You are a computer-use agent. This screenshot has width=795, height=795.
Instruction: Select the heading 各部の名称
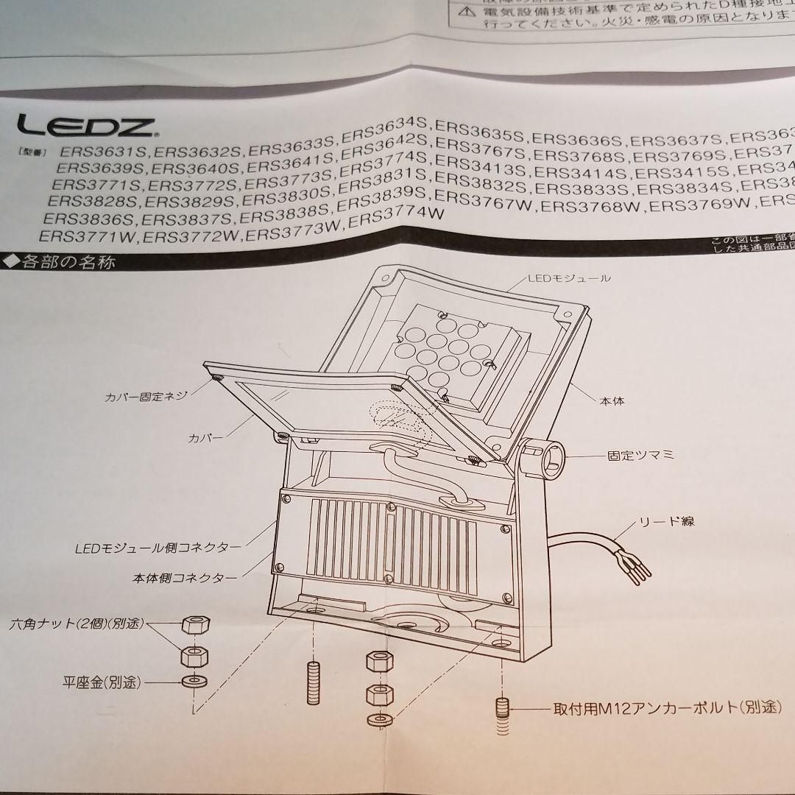point(63,261)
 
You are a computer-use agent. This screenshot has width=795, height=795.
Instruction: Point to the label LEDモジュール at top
point(568,279)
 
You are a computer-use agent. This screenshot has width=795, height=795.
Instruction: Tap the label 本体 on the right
point(612,402)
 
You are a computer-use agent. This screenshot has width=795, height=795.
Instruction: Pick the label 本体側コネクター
point(185,579)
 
